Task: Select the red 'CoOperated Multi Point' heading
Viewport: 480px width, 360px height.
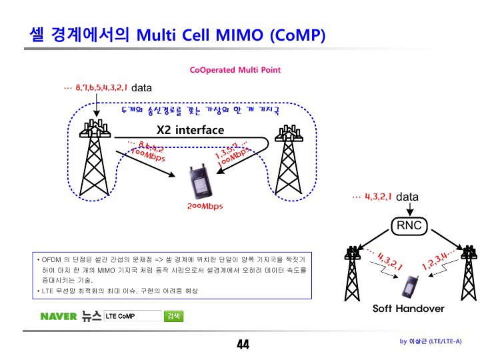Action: (x=235, y=70)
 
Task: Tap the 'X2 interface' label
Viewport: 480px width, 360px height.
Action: (x=190, y=130)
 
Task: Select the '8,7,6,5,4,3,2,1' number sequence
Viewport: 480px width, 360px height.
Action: (x=101, y=87)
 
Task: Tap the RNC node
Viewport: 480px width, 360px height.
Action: (x=409, y=226)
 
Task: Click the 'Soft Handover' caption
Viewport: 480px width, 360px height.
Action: (x=408, y=309)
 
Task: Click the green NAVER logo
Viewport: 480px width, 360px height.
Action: (x=59, y=316)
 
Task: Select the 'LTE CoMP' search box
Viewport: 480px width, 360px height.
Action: (x=132, y=316)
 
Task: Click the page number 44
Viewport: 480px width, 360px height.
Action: (x=242, y=345)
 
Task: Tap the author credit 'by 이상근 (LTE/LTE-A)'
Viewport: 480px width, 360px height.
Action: (x=430, y=341)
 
